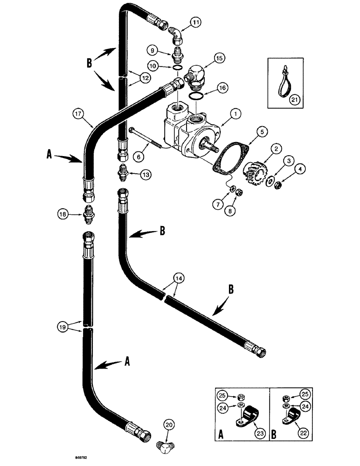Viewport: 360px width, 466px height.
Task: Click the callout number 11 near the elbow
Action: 195,21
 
